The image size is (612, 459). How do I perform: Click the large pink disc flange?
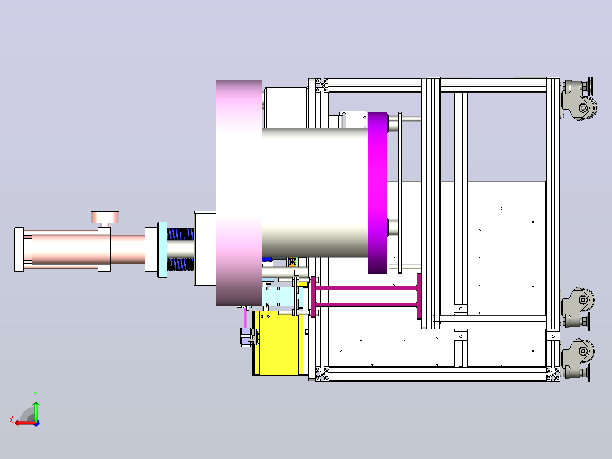[x=239, y=193]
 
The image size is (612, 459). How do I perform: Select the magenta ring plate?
[x=378, y=193]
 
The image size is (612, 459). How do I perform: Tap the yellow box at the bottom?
[x=278, y=344]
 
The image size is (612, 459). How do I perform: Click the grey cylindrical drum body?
[x=315, y=193]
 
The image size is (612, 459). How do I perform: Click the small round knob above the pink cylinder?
[x=104, y=217]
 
